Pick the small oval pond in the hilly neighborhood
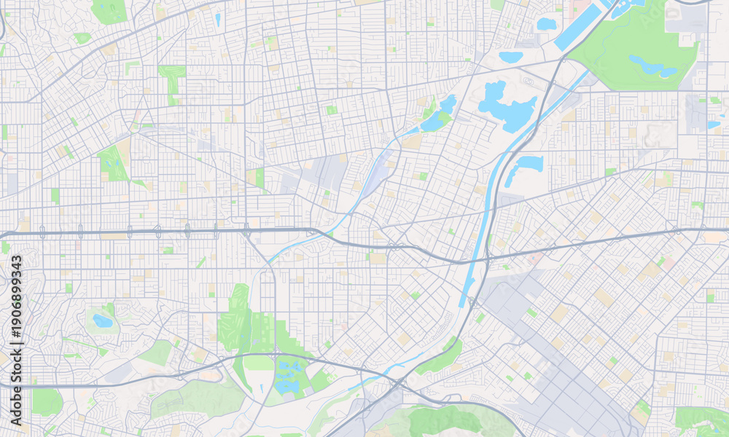pyautogui.click(x=103, y=320)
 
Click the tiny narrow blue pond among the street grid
pyautogui.click(x=217, y=20)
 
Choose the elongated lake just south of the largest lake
pyautogui.click(x=525, y=167)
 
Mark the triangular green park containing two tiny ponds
pyautogui.click(x=113, y=163)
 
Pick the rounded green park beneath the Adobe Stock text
pyautogui.click(x=46, y=401)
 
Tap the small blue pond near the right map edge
pyautogui.click(x=713, y=125)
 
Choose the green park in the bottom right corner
pyautogui.click(x=700, y=419)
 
